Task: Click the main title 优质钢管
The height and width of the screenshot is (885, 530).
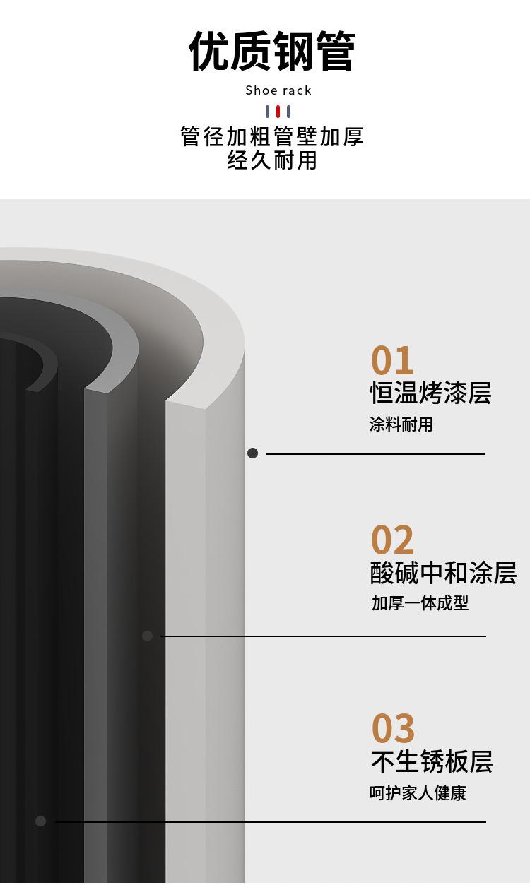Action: click(x=271, y=52)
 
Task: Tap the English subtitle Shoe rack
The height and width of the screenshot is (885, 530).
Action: click(x=278, y=90)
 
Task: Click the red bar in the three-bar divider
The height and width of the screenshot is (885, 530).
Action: click(x=278, y=112)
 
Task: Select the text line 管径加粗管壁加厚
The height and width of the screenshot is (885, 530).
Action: click(x=271, y=137)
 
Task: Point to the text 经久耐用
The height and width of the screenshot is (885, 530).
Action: click(x=272, y=160)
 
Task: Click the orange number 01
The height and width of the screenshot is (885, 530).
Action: click(x=392, y=360)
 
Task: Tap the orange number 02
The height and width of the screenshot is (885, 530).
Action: click(x=392, y=540)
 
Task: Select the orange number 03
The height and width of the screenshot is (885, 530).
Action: click(x=393, y=727)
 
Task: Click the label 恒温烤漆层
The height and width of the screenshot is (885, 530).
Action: click(x=430, y=393)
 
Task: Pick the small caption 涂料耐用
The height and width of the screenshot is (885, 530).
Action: click(x=401, y=424)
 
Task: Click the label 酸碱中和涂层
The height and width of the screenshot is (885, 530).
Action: click(x=443, y=573)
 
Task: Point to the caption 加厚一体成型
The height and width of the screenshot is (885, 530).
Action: click(x=420, y=603)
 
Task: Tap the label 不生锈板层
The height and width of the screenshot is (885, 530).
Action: click(x=432, y=761)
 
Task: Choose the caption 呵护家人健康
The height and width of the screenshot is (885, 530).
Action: click(x=418, y=792)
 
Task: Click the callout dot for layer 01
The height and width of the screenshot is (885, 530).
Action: click(x=252, y=453)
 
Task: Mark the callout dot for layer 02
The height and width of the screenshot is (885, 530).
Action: click(x=148, y=636)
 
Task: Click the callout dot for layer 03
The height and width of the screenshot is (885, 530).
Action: click(x=41, y=821)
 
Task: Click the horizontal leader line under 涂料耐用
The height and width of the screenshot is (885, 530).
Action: click(x=375, y=454)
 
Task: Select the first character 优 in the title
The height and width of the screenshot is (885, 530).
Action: click(x=208, y=52)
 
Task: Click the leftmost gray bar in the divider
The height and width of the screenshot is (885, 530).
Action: click(x=268, y=112)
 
